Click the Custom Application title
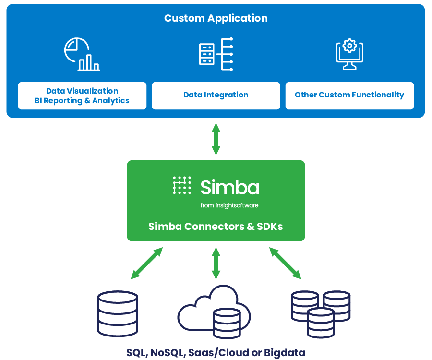(216, 18)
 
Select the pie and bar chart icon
(82, 54)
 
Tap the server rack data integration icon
(216, 54)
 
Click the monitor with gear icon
(349, 54)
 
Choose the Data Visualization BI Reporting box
(82, 96)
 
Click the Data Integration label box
(216, 96)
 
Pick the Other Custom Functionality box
(349, 96)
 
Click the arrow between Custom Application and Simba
(216, 139)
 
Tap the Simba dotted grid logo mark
(182, 185)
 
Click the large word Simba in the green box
(230, 187)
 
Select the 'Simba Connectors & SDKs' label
(216, 226)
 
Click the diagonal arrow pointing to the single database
(147, 263)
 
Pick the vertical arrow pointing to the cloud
(216, 263)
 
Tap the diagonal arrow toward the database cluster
(285, 263)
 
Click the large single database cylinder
(118, 314)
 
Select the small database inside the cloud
(227, 323)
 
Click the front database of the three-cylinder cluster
(321, 322)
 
